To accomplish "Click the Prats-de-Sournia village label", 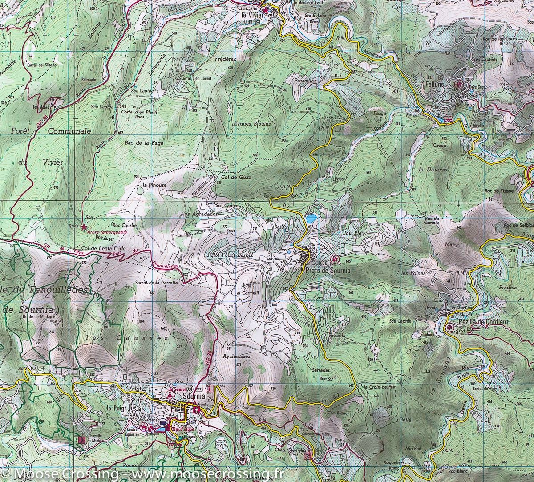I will click(x=322, y=270).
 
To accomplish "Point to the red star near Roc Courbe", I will click(x=84, y=227).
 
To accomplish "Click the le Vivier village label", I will click(x=252, y=15).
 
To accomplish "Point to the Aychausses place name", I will click(x=237, y=356).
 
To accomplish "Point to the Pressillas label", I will click(x=305, y=81).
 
